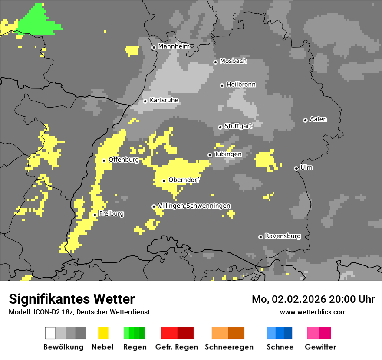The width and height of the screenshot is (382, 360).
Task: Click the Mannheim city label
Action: (174, 46)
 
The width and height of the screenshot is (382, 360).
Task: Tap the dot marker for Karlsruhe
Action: (145, 101)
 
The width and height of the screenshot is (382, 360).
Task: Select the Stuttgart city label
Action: (238, 126)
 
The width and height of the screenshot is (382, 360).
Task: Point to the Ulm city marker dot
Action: (296, 168)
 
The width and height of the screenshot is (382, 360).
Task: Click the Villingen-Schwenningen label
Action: (194, 206)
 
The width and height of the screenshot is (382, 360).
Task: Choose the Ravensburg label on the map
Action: (283, 236)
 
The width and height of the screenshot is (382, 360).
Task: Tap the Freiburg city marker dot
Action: (95, 215)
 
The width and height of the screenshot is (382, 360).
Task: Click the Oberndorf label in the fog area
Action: (184, 180)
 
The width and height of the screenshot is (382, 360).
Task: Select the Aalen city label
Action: (318, 119)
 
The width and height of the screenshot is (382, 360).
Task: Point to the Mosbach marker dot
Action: (215, 62)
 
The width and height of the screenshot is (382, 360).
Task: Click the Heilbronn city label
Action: (241, 85)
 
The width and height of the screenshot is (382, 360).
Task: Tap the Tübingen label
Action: (228, 154)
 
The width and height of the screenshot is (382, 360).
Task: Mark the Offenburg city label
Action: (124, 160)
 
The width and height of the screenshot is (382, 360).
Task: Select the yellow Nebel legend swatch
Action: (103, 333)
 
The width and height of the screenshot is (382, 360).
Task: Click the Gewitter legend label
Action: (320, 347)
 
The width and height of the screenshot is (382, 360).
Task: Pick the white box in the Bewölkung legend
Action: (50, 333)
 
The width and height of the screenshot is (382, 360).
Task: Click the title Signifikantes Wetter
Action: (72, 299)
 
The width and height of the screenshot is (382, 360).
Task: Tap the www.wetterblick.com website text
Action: (313, 312)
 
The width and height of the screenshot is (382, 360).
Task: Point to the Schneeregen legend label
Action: (229, 347)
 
